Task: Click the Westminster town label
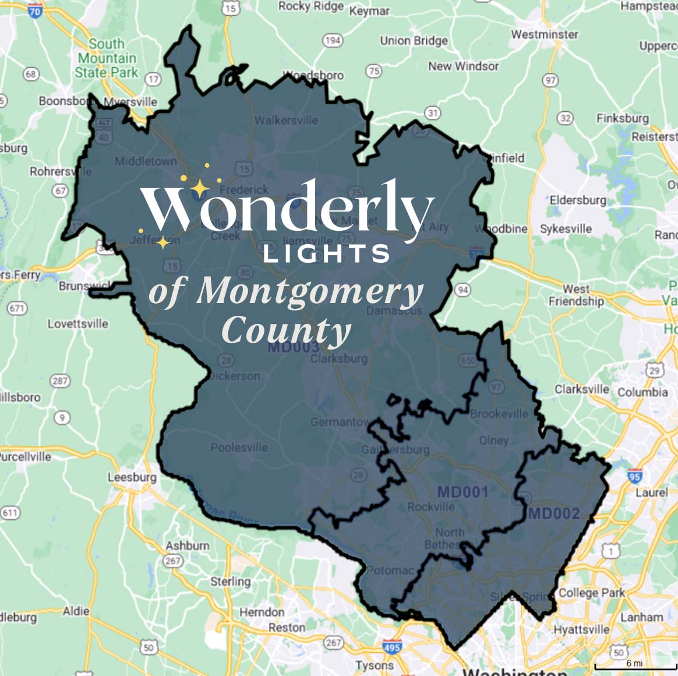coord(545,34)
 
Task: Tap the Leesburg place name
coord(132,477)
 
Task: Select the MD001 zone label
coord(462,492)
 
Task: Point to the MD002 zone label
coord(554,513)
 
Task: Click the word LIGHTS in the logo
coord(326,254)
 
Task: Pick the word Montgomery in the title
coord(309,291)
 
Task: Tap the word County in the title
coord(286,331)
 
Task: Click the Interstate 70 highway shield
coord(35,10)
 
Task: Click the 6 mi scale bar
coord(634,664)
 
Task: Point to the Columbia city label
coord(642,392)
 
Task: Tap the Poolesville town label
coord(239,448)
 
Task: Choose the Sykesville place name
coord(566,228)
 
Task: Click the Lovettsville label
coord(77,323)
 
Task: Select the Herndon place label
coord(262,612)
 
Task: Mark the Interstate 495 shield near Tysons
coord(391,647)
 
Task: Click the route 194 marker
coord(333,40)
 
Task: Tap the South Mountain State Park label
coord(107,58)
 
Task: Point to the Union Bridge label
coord(414,40)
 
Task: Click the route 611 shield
coord(10,513)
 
